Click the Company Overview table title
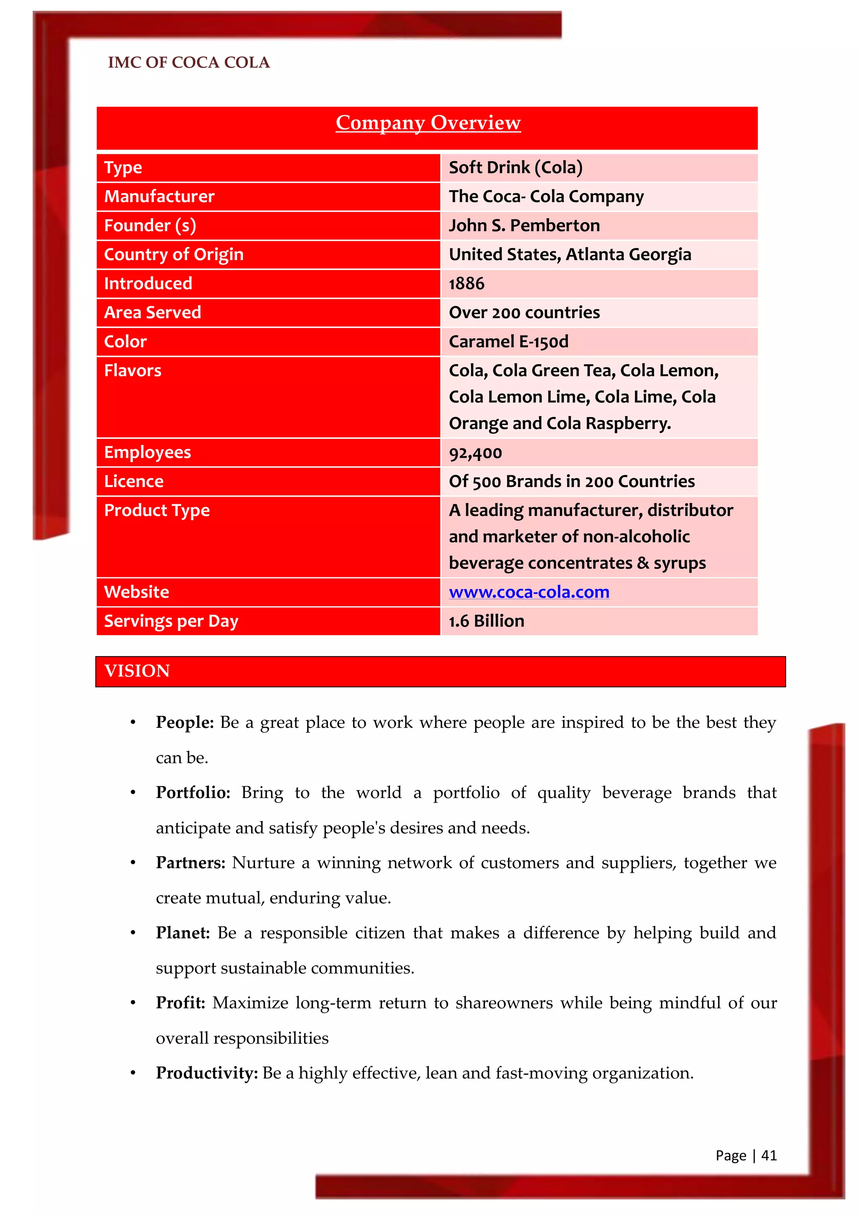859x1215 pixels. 428,123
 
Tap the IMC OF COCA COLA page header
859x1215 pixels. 189,63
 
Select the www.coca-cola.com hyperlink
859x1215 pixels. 529,592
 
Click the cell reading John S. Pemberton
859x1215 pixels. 524,225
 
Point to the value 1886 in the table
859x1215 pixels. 466,284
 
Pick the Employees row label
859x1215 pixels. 148,452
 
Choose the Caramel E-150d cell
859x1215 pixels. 508,342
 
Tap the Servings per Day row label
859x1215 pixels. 171,621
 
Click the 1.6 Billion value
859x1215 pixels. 487,621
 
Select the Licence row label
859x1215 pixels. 134,482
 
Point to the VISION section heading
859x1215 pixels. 138,671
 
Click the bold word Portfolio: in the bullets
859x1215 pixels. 193,793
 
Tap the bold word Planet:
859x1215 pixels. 183,933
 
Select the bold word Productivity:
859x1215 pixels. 207,1073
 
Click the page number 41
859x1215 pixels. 768,1156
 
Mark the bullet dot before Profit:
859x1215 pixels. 133,1003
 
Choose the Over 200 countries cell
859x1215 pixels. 524,313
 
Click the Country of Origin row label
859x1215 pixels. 174,255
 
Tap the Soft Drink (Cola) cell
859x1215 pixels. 516,168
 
